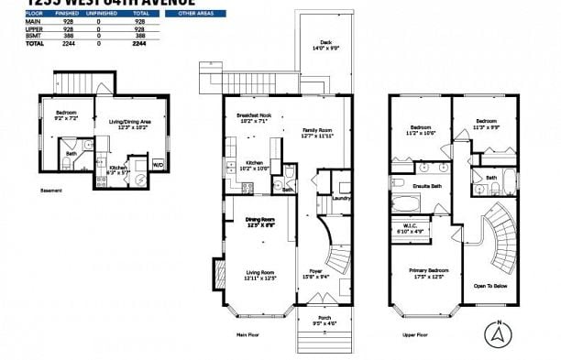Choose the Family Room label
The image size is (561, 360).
(x=317, y=133)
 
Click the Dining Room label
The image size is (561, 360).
(x=260, y=222)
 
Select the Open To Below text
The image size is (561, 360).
(x=492, y=286)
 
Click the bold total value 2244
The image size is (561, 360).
(x=139, y=43)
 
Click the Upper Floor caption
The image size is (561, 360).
(x=416, y=335)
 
